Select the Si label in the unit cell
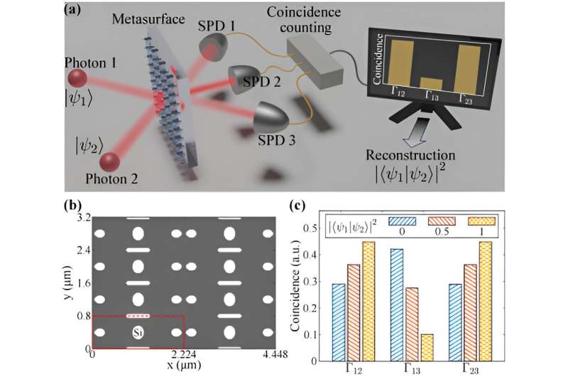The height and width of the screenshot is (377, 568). coord(138,331)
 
